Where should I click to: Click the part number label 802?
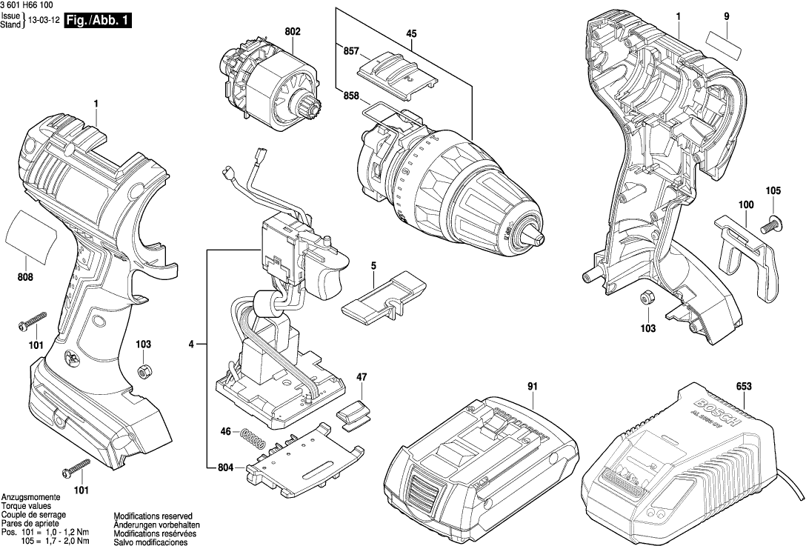point(292,32)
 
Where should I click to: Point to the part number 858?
point(351,95)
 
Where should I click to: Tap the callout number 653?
point(744,386)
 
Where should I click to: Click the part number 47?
point(361,377)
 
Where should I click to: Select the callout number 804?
point(227,467)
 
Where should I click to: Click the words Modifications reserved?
point(153,516)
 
